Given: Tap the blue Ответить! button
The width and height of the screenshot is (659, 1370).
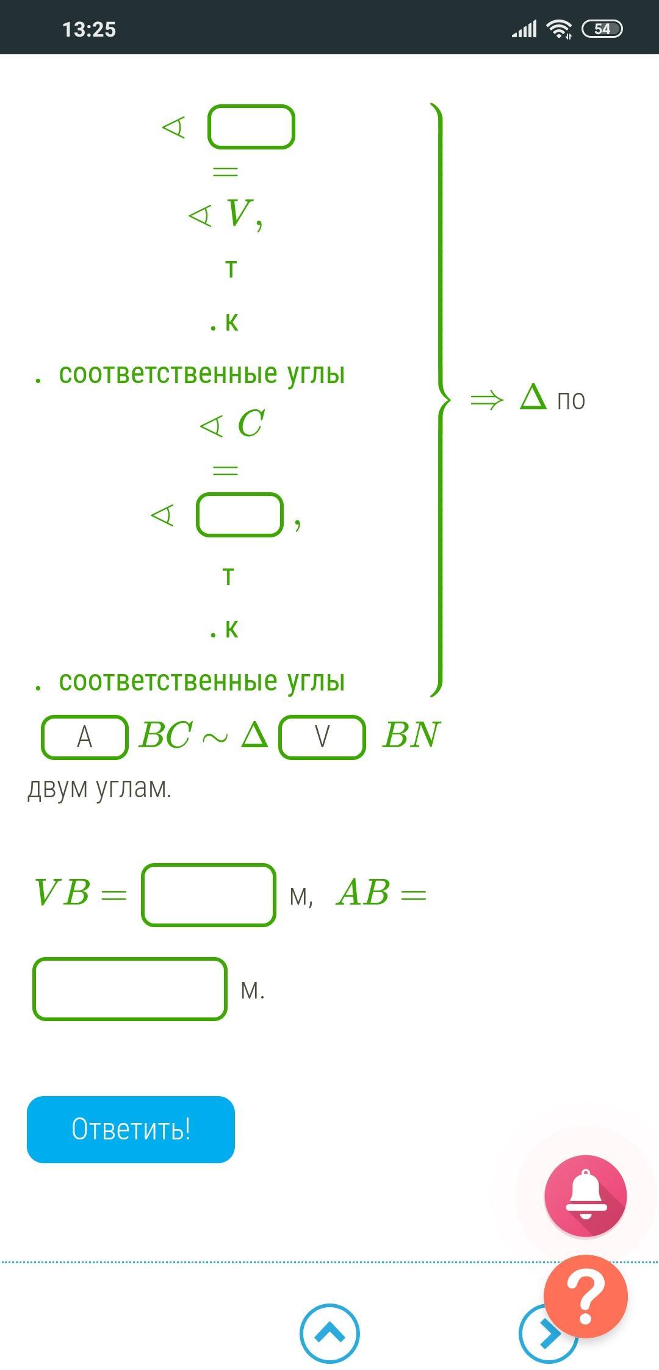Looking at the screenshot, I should pos(131,1129).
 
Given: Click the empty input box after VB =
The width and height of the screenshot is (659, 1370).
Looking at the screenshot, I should pos(209,895).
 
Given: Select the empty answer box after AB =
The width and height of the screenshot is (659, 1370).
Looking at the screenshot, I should pos(130,989).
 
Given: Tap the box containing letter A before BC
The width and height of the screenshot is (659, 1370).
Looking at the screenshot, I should pos(85,737).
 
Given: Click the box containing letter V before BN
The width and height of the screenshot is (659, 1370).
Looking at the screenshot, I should pos(322,737).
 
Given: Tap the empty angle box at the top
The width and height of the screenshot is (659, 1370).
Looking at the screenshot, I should pos(251,127).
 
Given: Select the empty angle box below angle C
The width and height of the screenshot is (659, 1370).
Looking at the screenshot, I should pos(240,515).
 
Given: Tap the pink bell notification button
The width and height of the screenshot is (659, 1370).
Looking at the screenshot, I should pos(585,1195).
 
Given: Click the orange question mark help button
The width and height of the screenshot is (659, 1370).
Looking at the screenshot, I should pos(585,1296).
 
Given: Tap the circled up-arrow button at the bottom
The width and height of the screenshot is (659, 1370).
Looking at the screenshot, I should pos(329,1333).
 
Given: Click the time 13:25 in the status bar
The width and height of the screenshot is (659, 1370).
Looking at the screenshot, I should pos(89,29).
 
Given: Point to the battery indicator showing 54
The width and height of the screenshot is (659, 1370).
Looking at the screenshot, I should pos(602,29).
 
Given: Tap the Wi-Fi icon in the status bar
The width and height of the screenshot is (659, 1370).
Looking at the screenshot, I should pos(559,29).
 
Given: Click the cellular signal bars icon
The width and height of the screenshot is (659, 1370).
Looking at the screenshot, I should pos(524,29).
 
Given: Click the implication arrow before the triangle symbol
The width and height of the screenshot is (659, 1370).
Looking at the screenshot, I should pos(487,400).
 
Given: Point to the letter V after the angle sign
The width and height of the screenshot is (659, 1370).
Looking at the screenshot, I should pos(239,213).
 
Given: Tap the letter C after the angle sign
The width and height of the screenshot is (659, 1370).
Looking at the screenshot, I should pos(250,423).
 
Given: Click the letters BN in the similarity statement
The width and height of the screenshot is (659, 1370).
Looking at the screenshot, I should pos(411,734).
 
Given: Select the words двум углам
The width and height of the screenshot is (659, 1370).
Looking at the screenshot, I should pos(99,788).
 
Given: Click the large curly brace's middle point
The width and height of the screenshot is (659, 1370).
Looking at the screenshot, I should pos(444,400).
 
